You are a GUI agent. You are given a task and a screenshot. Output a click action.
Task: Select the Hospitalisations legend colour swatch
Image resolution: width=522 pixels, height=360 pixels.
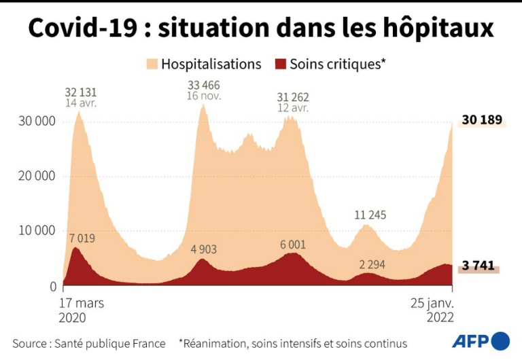pos(152,65)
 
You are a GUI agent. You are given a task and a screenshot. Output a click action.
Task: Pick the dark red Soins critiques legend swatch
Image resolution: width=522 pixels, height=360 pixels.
pos(280,65)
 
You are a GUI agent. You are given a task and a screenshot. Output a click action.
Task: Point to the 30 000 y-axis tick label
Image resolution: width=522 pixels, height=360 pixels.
pos(35,122)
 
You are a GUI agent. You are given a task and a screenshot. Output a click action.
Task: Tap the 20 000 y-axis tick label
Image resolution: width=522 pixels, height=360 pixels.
pos(35,176)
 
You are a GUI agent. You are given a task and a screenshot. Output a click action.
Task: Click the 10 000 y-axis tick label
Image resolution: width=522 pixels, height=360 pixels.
pos(35,231)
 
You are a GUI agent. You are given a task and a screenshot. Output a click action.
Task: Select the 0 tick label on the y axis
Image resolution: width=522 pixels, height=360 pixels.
pos(52,286)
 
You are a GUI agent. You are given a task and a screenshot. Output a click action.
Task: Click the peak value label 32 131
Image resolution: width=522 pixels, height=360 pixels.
pos(81,92)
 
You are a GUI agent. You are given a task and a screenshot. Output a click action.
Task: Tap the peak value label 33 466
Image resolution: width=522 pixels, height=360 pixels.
pos(204,85)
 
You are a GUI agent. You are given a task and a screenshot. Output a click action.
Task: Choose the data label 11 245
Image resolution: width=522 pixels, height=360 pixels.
pos(370,215)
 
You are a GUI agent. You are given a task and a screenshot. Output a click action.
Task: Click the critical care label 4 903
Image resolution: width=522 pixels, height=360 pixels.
pos(203,249)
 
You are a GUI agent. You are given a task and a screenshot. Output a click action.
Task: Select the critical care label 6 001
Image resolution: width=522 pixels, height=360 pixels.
pos(292,245)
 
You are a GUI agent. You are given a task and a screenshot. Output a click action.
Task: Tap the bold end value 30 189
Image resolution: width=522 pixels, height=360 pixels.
pos(482,121)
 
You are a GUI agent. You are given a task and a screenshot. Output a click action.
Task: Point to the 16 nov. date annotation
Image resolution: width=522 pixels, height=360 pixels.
pos(204,96)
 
